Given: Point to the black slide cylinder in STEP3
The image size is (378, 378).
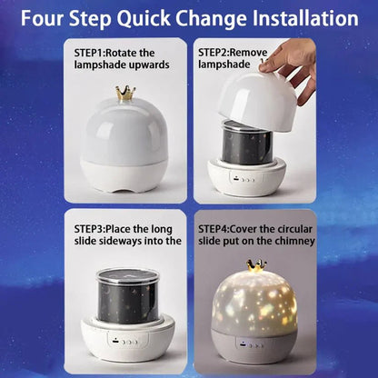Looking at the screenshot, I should [x=124, y=300].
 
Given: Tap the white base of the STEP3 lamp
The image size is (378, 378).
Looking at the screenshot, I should [x=124, y=345].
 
